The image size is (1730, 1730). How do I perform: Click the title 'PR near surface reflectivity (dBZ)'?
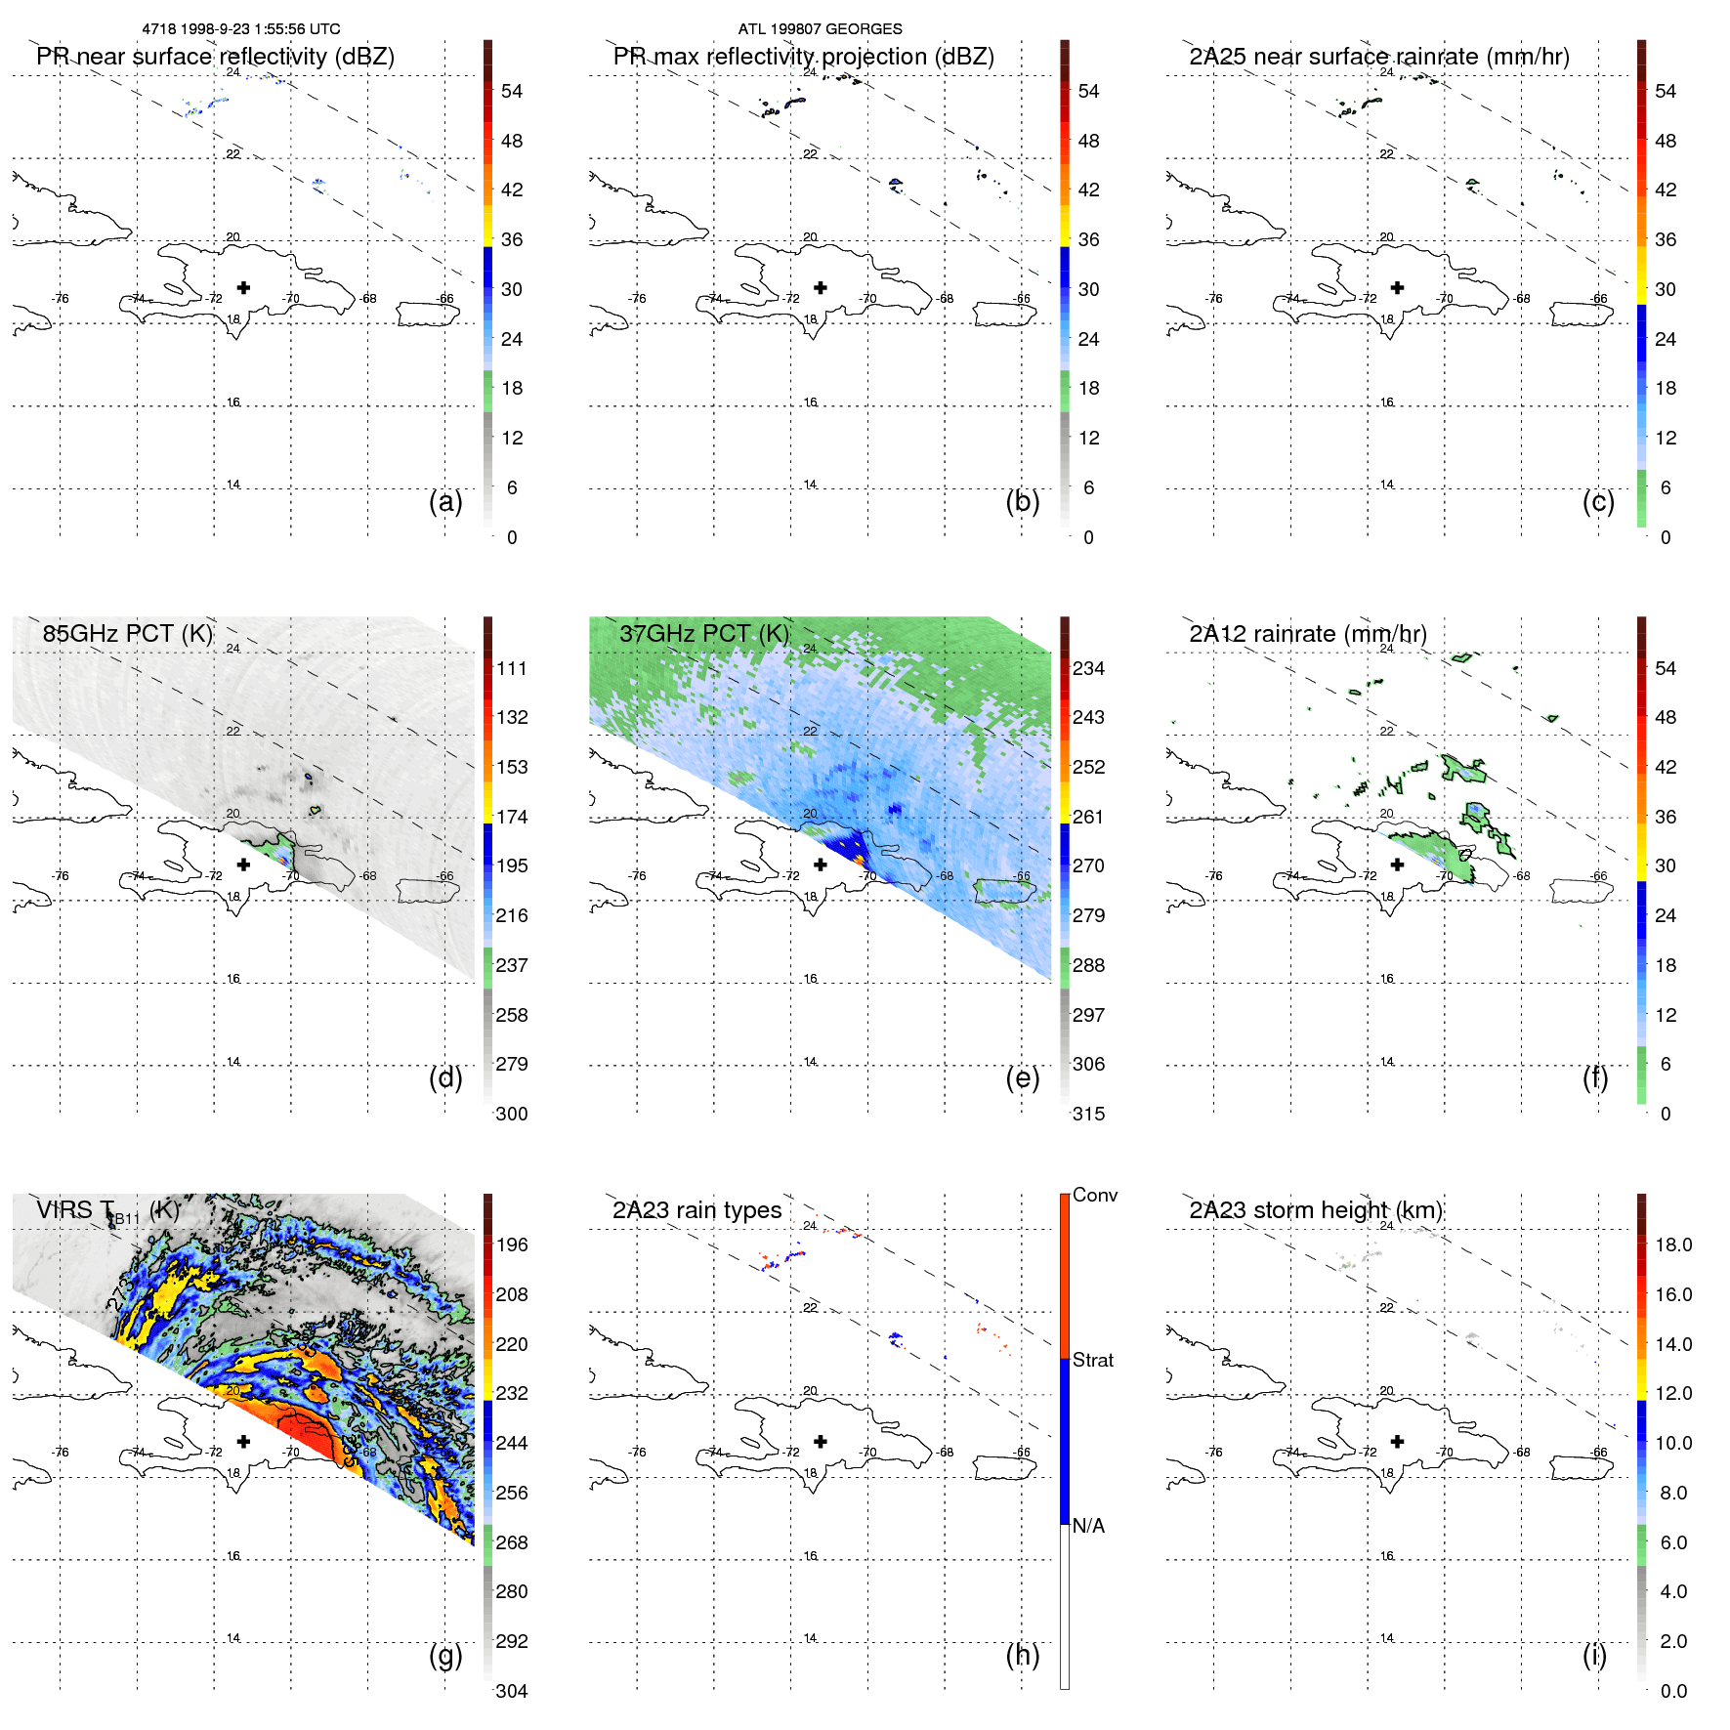point(215,57)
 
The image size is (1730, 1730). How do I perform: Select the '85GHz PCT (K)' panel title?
point(127,634)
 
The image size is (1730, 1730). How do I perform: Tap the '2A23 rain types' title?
point(696,1210)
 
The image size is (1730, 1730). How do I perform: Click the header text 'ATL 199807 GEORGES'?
point(820,29)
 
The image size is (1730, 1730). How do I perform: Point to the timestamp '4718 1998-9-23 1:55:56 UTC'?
point(241,29)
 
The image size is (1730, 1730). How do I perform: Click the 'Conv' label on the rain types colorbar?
point(1094,1195)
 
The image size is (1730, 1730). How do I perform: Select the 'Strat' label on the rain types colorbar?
point(1092,1360)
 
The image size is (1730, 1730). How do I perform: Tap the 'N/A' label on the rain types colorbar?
point(1088,1526)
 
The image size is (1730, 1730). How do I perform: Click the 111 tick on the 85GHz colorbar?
point(511,668)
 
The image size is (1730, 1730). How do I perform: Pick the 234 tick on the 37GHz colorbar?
point(1088,668)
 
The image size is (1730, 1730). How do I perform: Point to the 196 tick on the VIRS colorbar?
point(511,1245)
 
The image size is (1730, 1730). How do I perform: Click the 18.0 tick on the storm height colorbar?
point(1672,1245)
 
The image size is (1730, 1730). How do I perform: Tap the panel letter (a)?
point(445,502)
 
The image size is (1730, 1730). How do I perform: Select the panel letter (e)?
point(1022,1078)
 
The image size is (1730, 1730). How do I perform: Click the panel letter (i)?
point(1594,1655)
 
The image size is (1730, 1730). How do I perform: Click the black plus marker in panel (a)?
point(243,287)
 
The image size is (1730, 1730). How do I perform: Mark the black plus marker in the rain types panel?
point(821,1441)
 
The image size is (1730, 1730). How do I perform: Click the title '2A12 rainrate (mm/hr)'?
point(1307,634)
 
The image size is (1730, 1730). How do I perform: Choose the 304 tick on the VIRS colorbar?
point(511,1691)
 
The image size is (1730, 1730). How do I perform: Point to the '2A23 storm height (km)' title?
point(1315,1210)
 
